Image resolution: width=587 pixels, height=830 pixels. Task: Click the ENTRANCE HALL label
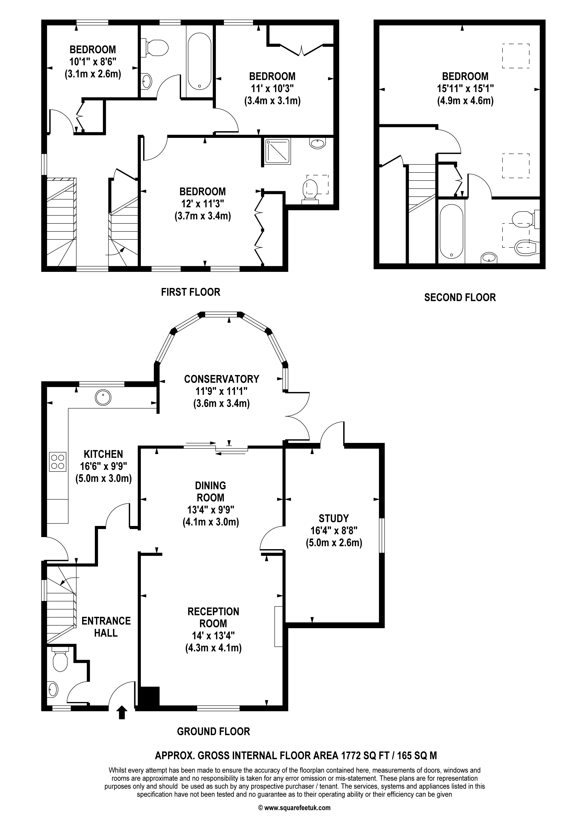[x=106, y=627]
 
